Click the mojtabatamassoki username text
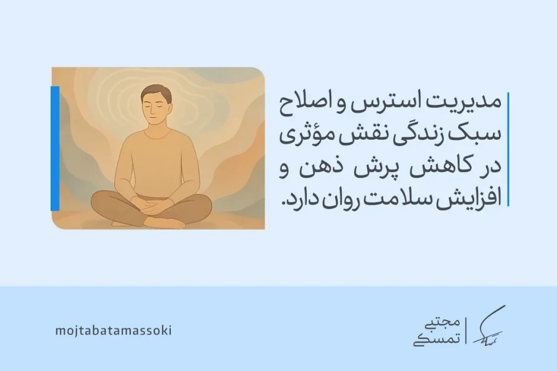pyautogui.click(x=114, y=330)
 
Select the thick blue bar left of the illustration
pyautogui.click(x=55, y=148)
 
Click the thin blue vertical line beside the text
pyautogui.click(x=508, y=149)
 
